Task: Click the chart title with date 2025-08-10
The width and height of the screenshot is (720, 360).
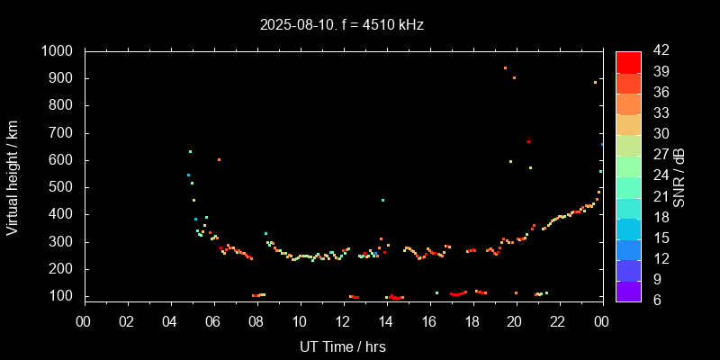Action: (341, 25)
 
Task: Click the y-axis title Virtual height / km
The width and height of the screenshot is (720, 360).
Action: (13, 177)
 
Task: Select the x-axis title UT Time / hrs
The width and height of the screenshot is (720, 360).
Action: (343, 346)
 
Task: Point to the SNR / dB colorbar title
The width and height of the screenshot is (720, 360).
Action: (679, 176)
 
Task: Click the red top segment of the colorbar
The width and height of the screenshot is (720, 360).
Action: (628, 61)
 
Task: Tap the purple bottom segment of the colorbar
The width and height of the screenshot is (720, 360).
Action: (628, 291)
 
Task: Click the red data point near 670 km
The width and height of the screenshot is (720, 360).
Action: (529, 142)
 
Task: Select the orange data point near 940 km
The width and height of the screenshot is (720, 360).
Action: (505, 67)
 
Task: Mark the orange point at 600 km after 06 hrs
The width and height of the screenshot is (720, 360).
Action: (219, 159)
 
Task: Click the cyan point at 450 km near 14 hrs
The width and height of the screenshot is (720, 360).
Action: (382, 200)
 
